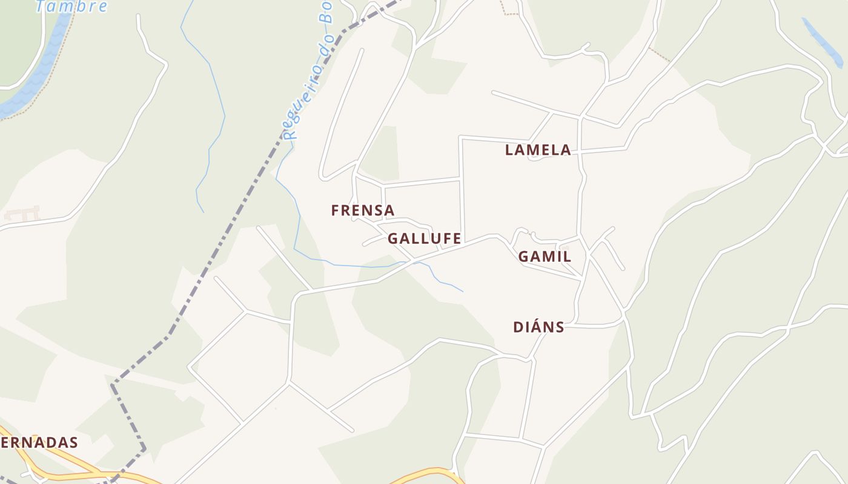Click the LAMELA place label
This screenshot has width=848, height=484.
click(x=538, y=150)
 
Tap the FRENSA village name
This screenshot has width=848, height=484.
click(x=362, y=211)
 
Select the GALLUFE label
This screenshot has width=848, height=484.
click(x=424, y=239)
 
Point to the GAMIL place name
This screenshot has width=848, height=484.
click(x=544, y=257)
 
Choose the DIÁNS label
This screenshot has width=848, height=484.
click(x=538, y=327)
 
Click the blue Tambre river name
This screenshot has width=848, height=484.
click(x=71, y=7)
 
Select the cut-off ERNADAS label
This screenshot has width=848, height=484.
click(x=39, y=442)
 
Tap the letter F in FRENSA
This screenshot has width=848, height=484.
click(x=335, y=211)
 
